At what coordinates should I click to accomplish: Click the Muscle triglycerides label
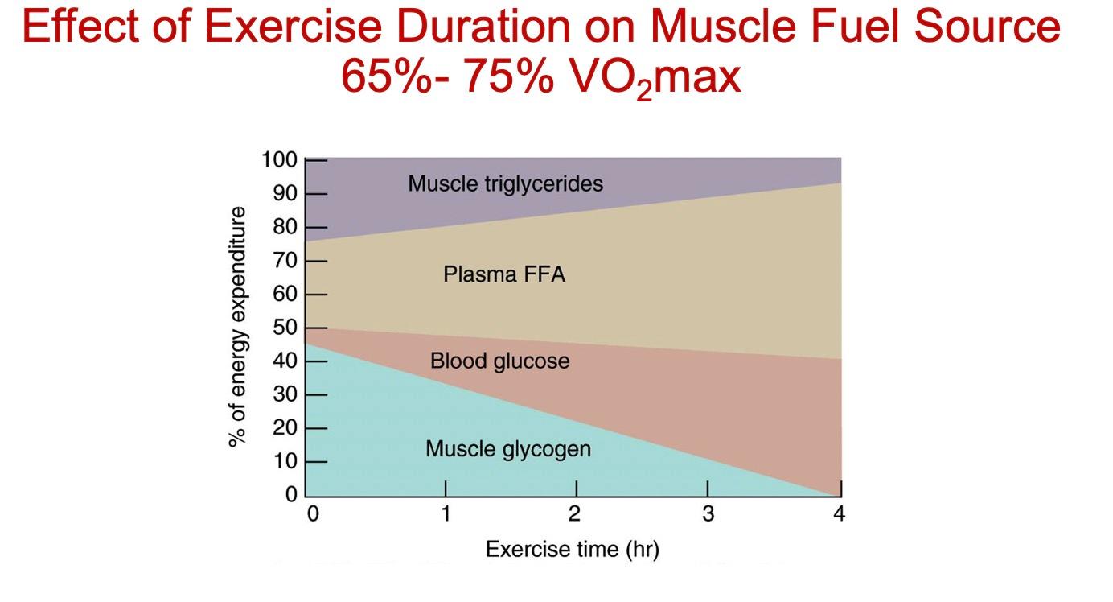505,183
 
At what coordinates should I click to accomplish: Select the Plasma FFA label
504,274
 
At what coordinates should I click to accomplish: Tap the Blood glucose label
499,361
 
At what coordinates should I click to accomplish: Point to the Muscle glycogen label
507,448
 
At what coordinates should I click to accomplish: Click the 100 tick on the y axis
279,160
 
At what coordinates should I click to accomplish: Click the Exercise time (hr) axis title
573,550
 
